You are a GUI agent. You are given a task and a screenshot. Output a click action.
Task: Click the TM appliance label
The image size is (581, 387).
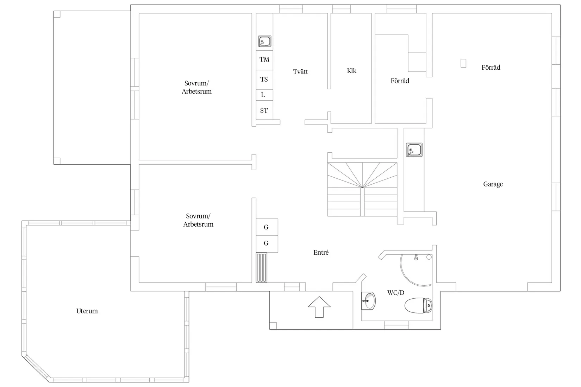click(x=264, y=59)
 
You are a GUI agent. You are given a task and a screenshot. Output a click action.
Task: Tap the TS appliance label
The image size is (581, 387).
click(x=264, y=79)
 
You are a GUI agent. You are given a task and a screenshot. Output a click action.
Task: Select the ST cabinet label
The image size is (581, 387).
click(x=264, y=110)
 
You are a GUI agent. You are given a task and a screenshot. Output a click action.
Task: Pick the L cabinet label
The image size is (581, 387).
click(x=263, y=95)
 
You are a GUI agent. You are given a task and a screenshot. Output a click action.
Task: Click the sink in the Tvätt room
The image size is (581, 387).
click(x=264, y=41)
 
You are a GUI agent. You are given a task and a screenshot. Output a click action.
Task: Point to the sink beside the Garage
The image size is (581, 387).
click(x=414, y=150)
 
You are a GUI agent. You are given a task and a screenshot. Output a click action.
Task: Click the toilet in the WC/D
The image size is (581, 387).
click(x=418, y=305)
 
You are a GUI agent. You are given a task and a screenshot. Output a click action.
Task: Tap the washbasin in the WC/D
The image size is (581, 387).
click(x=368, y=301)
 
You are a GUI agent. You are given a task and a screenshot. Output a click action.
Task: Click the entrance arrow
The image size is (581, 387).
click(x=319, y=307)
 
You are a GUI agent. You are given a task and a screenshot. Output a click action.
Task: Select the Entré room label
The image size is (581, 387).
click(x=321, y=253)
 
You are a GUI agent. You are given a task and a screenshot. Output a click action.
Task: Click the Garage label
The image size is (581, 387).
click(x=493, y=184)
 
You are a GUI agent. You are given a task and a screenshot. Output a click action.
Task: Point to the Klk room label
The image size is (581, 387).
click(x=352, y=71)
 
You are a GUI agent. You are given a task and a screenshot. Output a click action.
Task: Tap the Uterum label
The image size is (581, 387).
click(x=87, y=311)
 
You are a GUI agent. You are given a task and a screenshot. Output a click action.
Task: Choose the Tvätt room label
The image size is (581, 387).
click(x=300, y=72)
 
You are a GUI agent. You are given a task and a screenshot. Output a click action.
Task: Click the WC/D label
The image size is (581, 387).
click(x=395, y=293)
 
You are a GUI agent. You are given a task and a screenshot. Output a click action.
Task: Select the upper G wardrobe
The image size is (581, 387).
click(x=267, y=227)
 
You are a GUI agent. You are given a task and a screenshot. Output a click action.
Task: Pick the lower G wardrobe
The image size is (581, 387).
click(x=267, y=244)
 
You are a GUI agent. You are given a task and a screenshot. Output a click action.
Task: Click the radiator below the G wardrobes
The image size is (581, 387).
click(x=261, y=267)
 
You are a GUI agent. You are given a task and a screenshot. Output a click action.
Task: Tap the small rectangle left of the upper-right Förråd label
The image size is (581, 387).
click(x=463, y=63)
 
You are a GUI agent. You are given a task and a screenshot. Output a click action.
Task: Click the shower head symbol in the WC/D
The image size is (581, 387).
click(x=416, y=257)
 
